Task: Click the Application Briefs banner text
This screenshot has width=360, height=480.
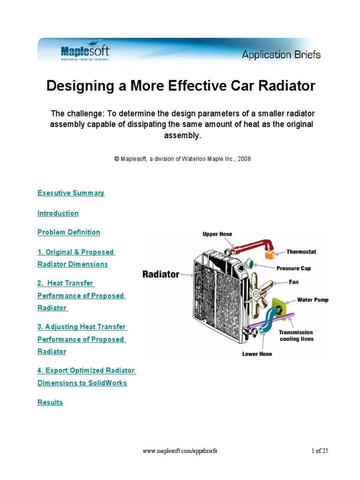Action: point(281,55)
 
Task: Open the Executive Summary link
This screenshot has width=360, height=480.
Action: point(71,193)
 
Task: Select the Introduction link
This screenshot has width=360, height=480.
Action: point(58,213)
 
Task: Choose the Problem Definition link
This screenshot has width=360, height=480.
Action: point(68,232)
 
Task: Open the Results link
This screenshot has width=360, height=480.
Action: point(50,402)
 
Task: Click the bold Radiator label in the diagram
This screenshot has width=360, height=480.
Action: point(161,274)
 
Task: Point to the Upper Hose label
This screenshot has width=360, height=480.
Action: point(217,234)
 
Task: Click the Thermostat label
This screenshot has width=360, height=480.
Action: point(301,252)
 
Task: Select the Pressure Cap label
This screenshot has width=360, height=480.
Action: point(293,268)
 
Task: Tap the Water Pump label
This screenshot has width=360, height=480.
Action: point(313,300)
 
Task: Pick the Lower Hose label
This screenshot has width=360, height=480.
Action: point(257,353)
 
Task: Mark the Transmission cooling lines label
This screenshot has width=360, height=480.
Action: point(296,336)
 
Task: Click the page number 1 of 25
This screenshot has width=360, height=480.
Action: point(320,451)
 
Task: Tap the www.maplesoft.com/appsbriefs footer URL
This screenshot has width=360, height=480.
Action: point(180,451)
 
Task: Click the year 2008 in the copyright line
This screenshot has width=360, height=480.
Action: point(244,159)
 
